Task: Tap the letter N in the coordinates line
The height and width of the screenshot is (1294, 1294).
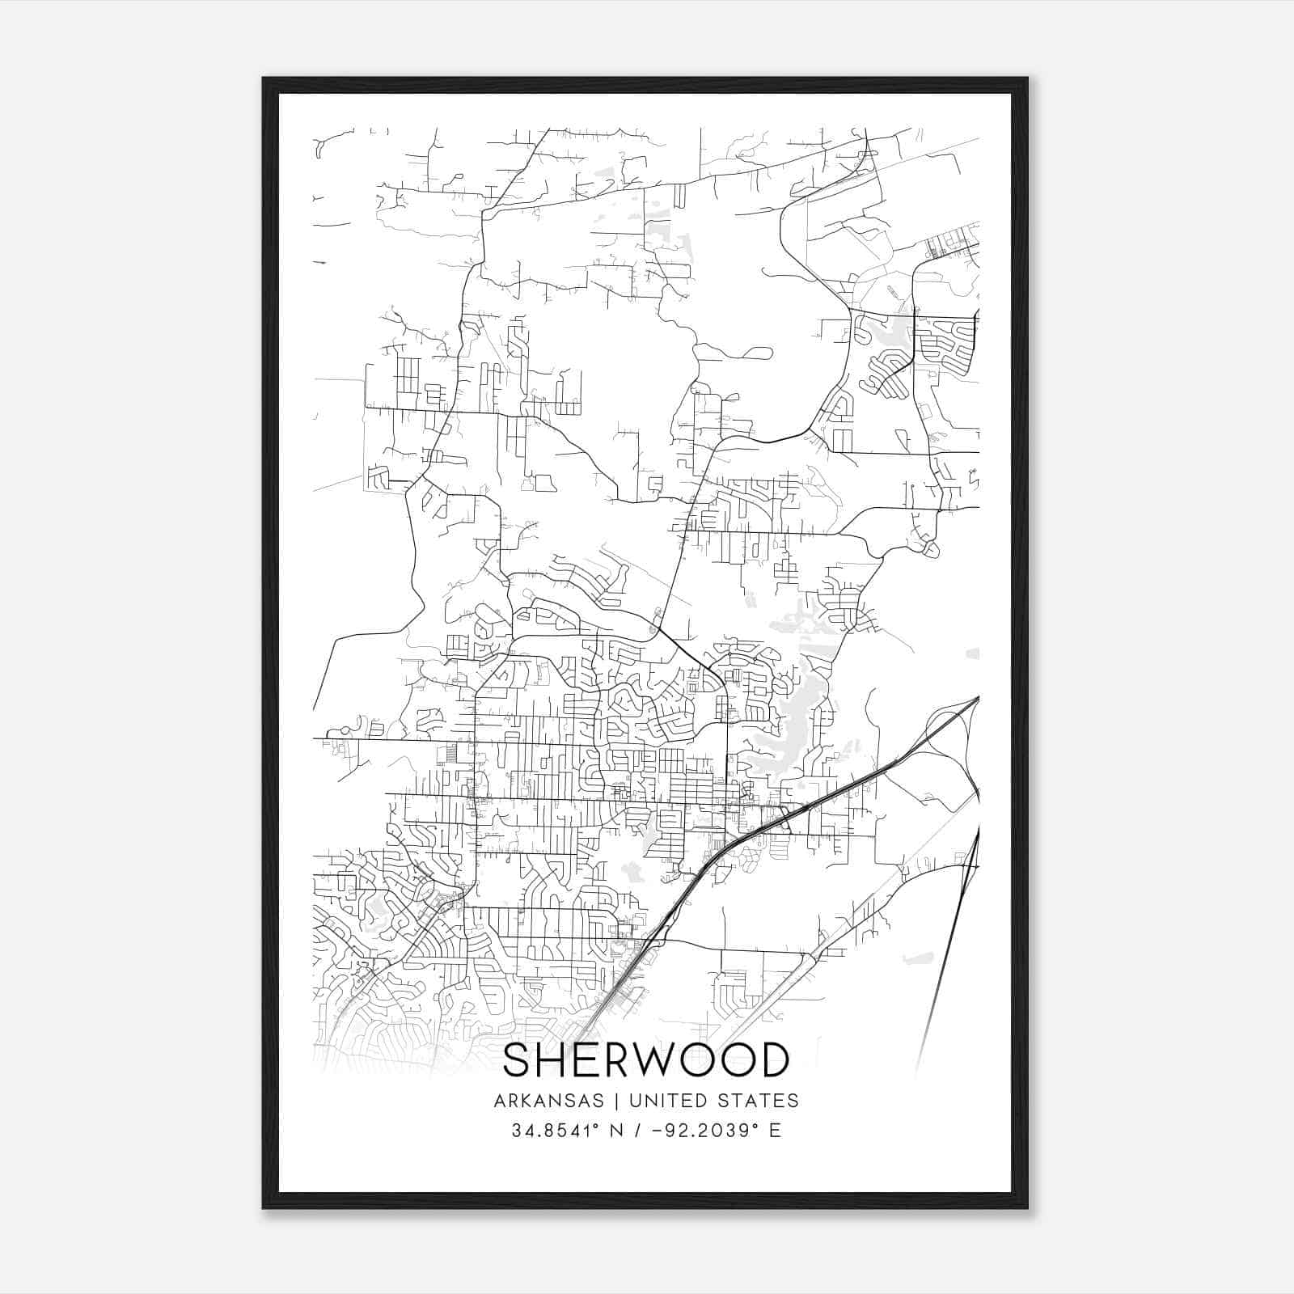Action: [x=615, y=1131]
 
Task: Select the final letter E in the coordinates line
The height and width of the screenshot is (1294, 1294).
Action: [x=776, y=1131]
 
